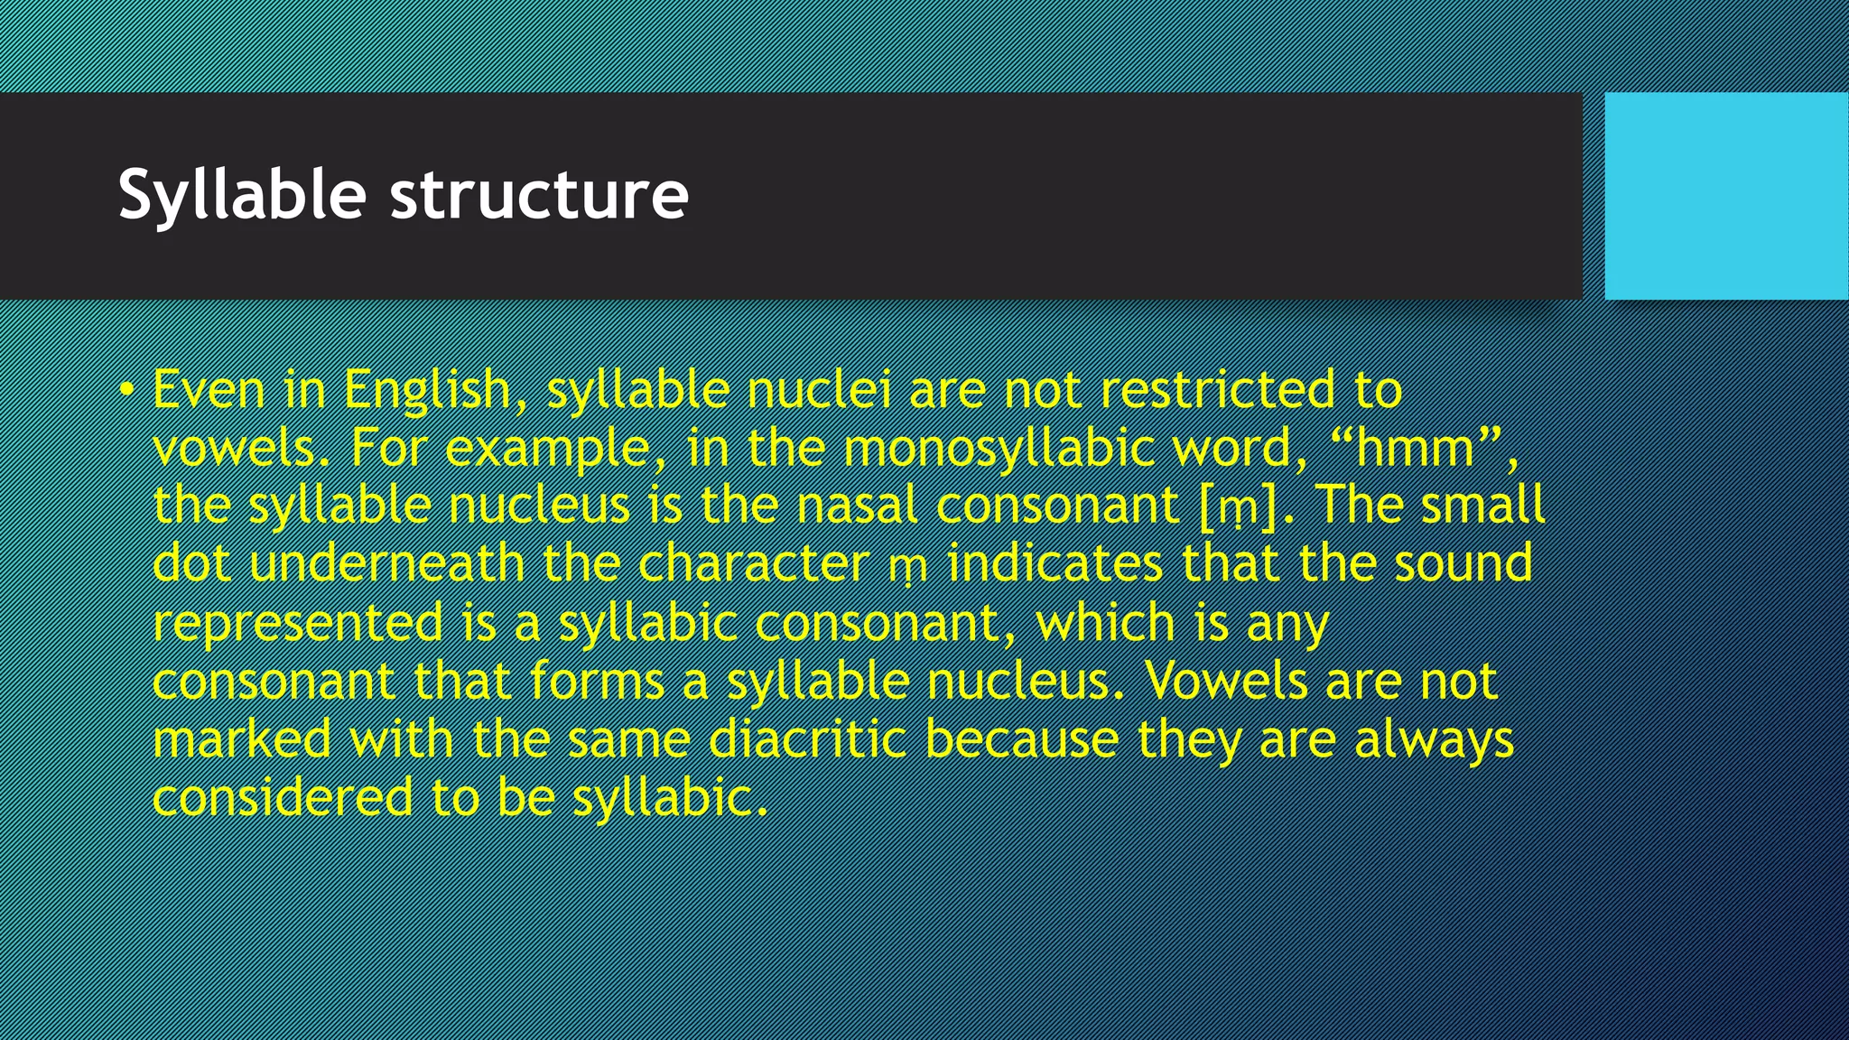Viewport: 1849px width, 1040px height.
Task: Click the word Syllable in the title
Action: [x=242, y=195]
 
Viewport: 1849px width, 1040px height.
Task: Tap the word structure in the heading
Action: [x=539, y=195]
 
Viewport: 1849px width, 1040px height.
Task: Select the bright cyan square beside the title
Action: [x=1726, y=195]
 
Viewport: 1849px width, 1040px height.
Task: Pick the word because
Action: [x=1022, y=739]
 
